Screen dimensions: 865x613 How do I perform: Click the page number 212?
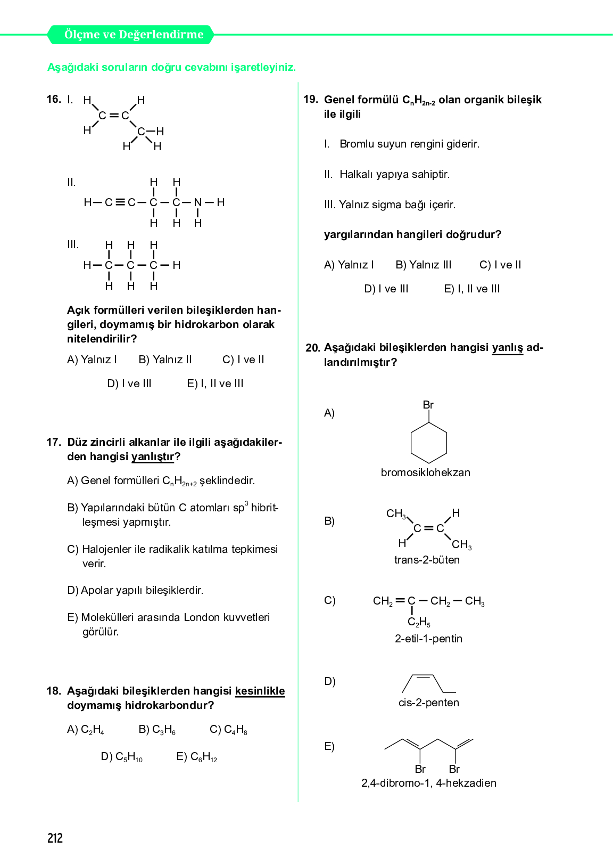coord(55,838)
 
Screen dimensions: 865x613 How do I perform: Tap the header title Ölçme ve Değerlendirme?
coord(134,35)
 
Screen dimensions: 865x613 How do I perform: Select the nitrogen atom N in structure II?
coord(198,202)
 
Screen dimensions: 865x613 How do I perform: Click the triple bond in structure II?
coord(120,202)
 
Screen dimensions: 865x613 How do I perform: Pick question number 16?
coord(53,100)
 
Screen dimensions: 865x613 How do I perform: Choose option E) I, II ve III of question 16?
coord(215,383)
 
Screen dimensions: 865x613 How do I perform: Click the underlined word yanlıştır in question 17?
coord(153,456)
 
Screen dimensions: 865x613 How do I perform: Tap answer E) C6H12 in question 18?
coord(197,757)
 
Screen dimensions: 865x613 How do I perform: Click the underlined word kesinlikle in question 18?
coord(260,691)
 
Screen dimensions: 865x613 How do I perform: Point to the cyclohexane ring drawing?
coord(428,443)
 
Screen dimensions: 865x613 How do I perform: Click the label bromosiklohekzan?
coord(425,472)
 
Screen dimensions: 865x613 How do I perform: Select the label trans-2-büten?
coord(427,560)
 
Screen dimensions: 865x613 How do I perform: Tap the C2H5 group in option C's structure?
coord(419,622)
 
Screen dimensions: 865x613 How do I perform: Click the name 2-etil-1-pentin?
coord(428,639)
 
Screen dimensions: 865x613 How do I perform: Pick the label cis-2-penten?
coord(428,703)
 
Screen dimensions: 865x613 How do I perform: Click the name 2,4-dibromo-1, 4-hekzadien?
coord(428,783)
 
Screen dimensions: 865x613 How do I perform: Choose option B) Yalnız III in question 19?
coord(424,265)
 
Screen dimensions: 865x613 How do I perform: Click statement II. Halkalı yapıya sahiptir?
coord(387,174)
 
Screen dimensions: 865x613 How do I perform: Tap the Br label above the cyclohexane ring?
coord(428,405)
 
